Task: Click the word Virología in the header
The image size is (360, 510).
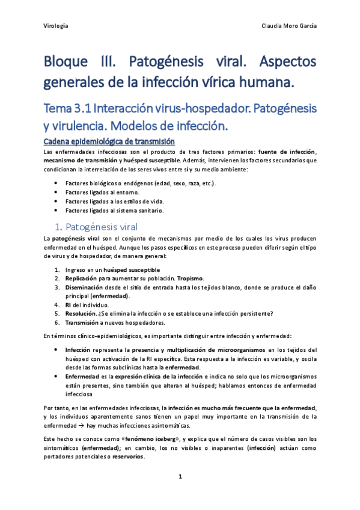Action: tap(56, 26)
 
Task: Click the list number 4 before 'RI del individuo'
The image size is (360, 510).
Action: tap(56, 304)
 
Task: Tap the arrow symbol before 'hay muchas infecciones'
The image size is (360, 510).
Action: tap(81, 425)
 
